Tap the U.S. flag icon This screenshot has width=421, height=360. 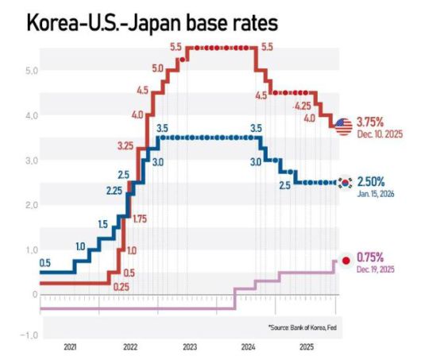click(x=343, y=126)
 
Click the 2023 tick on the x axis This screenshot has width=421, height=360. click(x=189, y=347)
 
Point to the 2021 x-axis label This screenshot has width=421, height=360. click(x=70, y=347)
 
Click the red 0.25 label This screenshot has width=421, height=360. click(x=121, y=287)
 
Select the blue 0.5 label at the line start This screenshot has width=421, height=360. click(x=44, y=263)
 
